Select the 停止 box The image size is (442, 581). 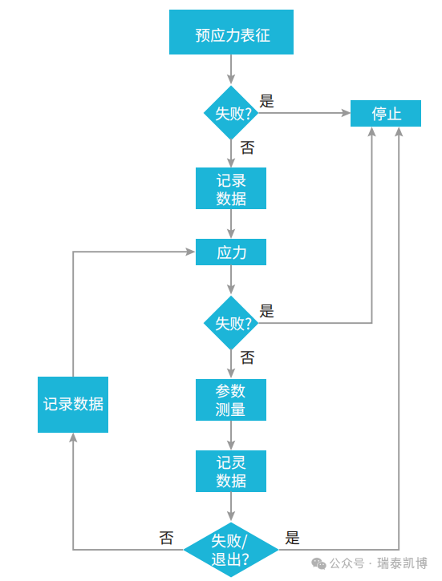point(386,114)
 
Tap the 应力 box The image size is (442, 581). point(231,252)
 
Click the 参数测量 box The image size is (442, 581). point(231,400)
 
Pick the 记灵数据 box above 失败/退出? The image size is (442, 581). point(231,471)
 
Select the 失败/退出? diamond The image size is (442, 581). point(231,549)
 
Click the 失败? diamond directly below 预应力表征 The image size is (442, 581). point(231,114)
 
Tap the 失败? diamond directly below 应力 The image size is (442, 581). point(231,324)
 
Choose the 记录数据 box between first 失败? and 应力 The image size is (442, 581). point(231,188)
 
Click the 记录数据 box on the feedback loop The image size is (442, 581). point(73,404)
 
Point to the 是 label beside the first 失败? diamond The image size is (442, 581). point(267,101)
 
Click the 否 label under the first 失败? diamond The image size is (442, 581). point(247,147)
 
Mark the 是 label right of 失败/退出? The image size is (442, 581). point(292,538)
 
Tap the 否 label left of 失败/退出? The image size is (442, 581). point(166,538)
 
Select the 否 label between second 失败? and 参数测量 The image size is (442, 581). point(247,357)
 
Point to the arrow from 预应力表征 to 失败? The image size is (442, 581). point(231,69)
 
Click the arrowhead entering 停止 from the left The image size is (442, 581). point(346,114)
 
